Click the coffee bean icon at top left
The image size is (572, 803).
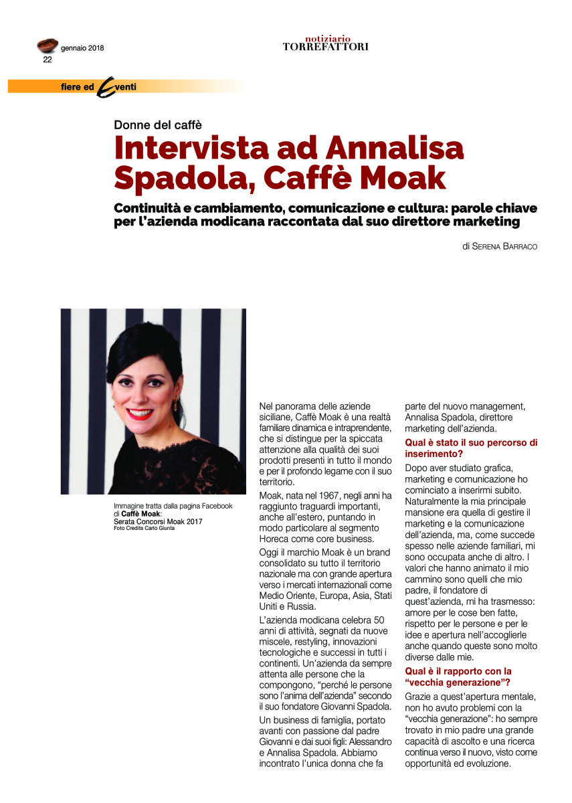47,46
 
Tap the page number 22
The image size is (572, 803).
47,60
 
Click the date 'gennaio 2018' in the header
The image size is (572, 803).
82,48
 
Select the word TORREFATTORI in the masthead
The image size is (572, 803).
325,47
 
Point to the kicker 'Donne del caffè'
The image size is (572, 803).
157,124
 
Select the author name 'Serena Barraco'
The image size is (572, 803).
505,246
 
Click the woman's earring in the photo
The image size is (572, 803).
177,405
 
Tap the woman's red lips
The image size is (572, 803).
140,414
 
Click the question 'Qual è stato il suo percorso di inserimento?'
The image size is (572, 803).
471,448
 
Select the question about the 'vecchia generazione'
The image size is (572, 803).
459,677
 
